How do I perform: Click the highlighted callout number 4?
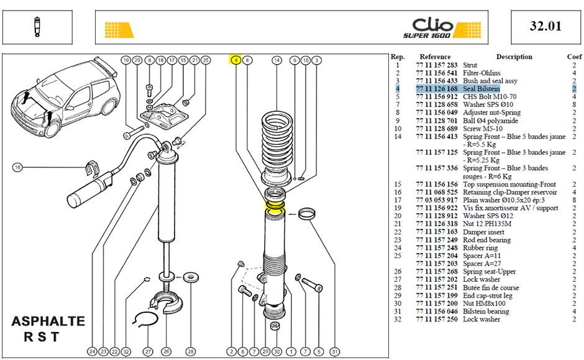[235, 60]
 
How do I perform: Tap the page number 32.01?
[545, 26]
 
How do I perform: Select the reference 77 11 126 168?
[437, 89]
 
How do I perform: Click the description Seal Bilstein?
[481, 89]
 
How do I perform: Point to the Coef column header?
[574, 57]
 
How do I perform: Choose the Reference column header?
[435, 57]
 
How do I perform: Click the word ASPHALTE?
[48, 321]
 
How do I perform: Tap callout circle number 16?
[17, 167]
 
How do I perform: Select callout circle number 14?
[276, 60]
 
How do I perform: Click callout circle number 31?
[334, 351]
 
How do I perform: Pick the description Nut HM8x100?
[484, 303]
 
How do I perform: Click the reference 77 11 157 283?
[437, 65]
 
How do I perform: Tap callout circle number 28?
[191, 351]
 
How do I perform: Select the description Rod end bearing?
[487, 239]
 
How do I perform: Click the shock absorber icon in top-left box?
[37, 27]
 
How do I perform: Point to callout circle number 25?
[206, 60]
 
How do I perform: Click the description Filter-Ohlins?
[481, 73]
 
